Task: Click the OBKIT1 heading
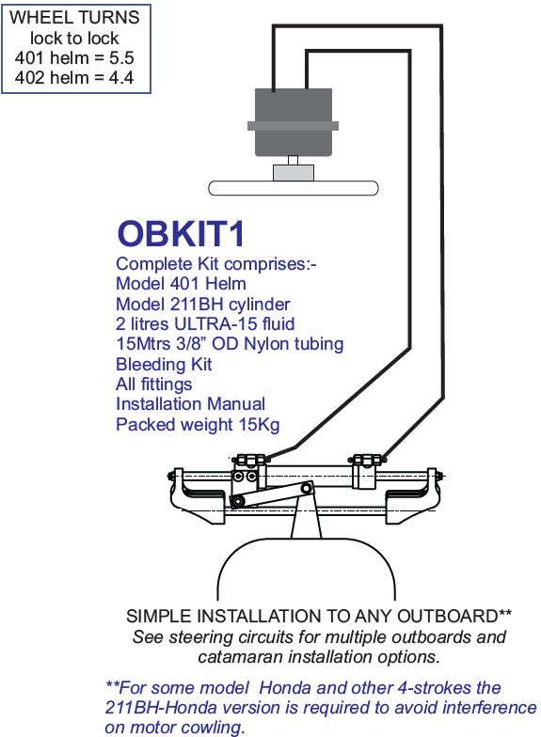[x=181, y=233]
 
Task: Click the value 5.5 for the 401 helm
[x=121, y=58]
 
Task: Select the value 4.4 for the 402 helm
[x=121, y=77]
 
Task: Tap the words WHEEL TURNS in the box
[x=74, y=17]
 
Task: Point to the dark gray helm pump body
[x=294, y=122]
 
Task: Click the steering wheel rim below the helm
[x=294, y=188]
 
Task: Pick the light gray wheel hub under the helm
[x=294, y=173]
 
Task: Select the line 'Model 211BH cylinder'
[x=203, y=305]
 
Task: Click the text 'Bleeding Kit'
[x=164, y=365]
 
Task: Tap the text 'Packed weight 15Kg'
[x=198, y=425]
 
